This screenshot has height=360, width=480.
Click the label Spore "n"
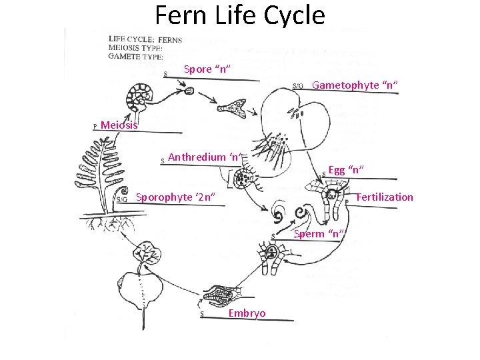[207, 69]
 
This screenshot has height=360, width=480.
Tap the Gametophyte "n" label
[355, 85]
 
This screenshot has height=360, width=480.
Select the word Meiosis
[119, 125]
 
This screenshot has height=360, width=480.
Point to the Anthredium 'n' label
[204, 157]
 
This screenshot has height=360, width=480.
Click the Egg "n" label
[345, 170]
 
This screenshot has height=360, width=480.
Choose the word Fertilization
[385, 197]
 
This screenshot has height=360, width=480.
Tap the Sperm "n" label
[319, 233]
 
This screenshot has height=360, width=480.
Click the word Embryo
[247, 313]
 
